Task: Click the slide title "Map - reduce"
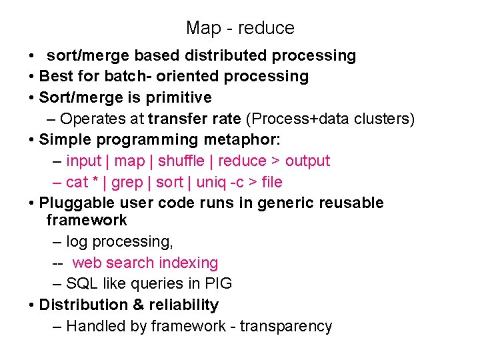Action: coord(240,28)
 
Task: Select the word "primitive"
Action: coord(183,98)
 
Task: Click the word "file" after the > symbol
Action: coord(272,183)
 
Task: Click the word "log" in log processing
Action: coord(76,242)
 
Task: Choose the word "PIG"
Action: coord(218,284)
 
